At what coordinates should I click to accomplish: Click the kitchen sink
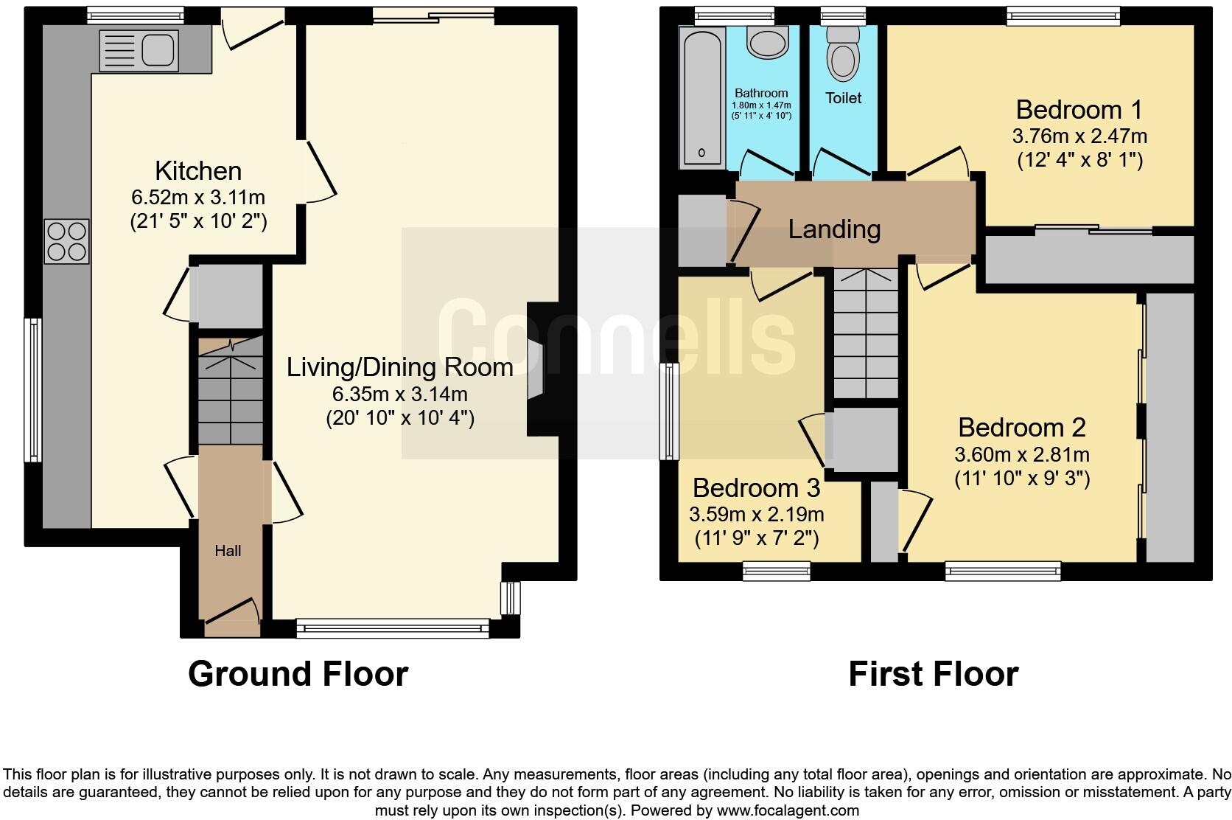pos(139,51)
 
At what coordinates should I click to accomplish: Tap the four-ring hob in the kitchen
pos(66,242)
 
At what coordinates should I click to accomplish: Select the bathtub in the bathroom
pos(701,97)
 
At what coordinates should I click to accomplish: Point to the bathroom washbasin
pos(768,42)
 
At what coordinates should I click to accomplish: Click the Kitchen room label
pos(198,171)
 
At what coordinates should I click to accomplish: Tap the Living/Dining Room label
pos(400,367)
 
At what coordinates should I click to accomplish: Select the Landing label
pos(834,229)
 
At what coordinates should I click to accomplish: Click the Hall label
pos(228,550)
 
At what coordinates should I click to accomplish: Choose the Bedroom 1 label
pos(1079,110)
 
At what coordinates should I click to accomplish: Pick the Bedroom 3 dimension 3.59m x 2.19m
pos(756,514)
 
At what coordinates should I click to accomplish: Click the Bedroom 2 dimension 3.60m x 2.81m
pos(1022,454)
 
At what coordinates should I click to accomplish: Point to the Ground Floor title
pos(298,673)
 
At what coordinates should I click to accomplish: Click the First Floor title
pos(934,673)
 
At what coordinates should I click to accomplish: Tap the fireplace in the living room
pos(543,369)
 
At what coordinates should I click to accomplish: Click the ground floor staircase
pos(231,392)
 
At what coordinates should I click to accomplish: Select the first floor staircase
pos(866,333)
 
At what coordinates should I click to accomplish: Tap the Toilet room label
pos(843,98)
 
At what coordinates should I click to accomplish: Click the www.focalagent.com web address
pos(788,810)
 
